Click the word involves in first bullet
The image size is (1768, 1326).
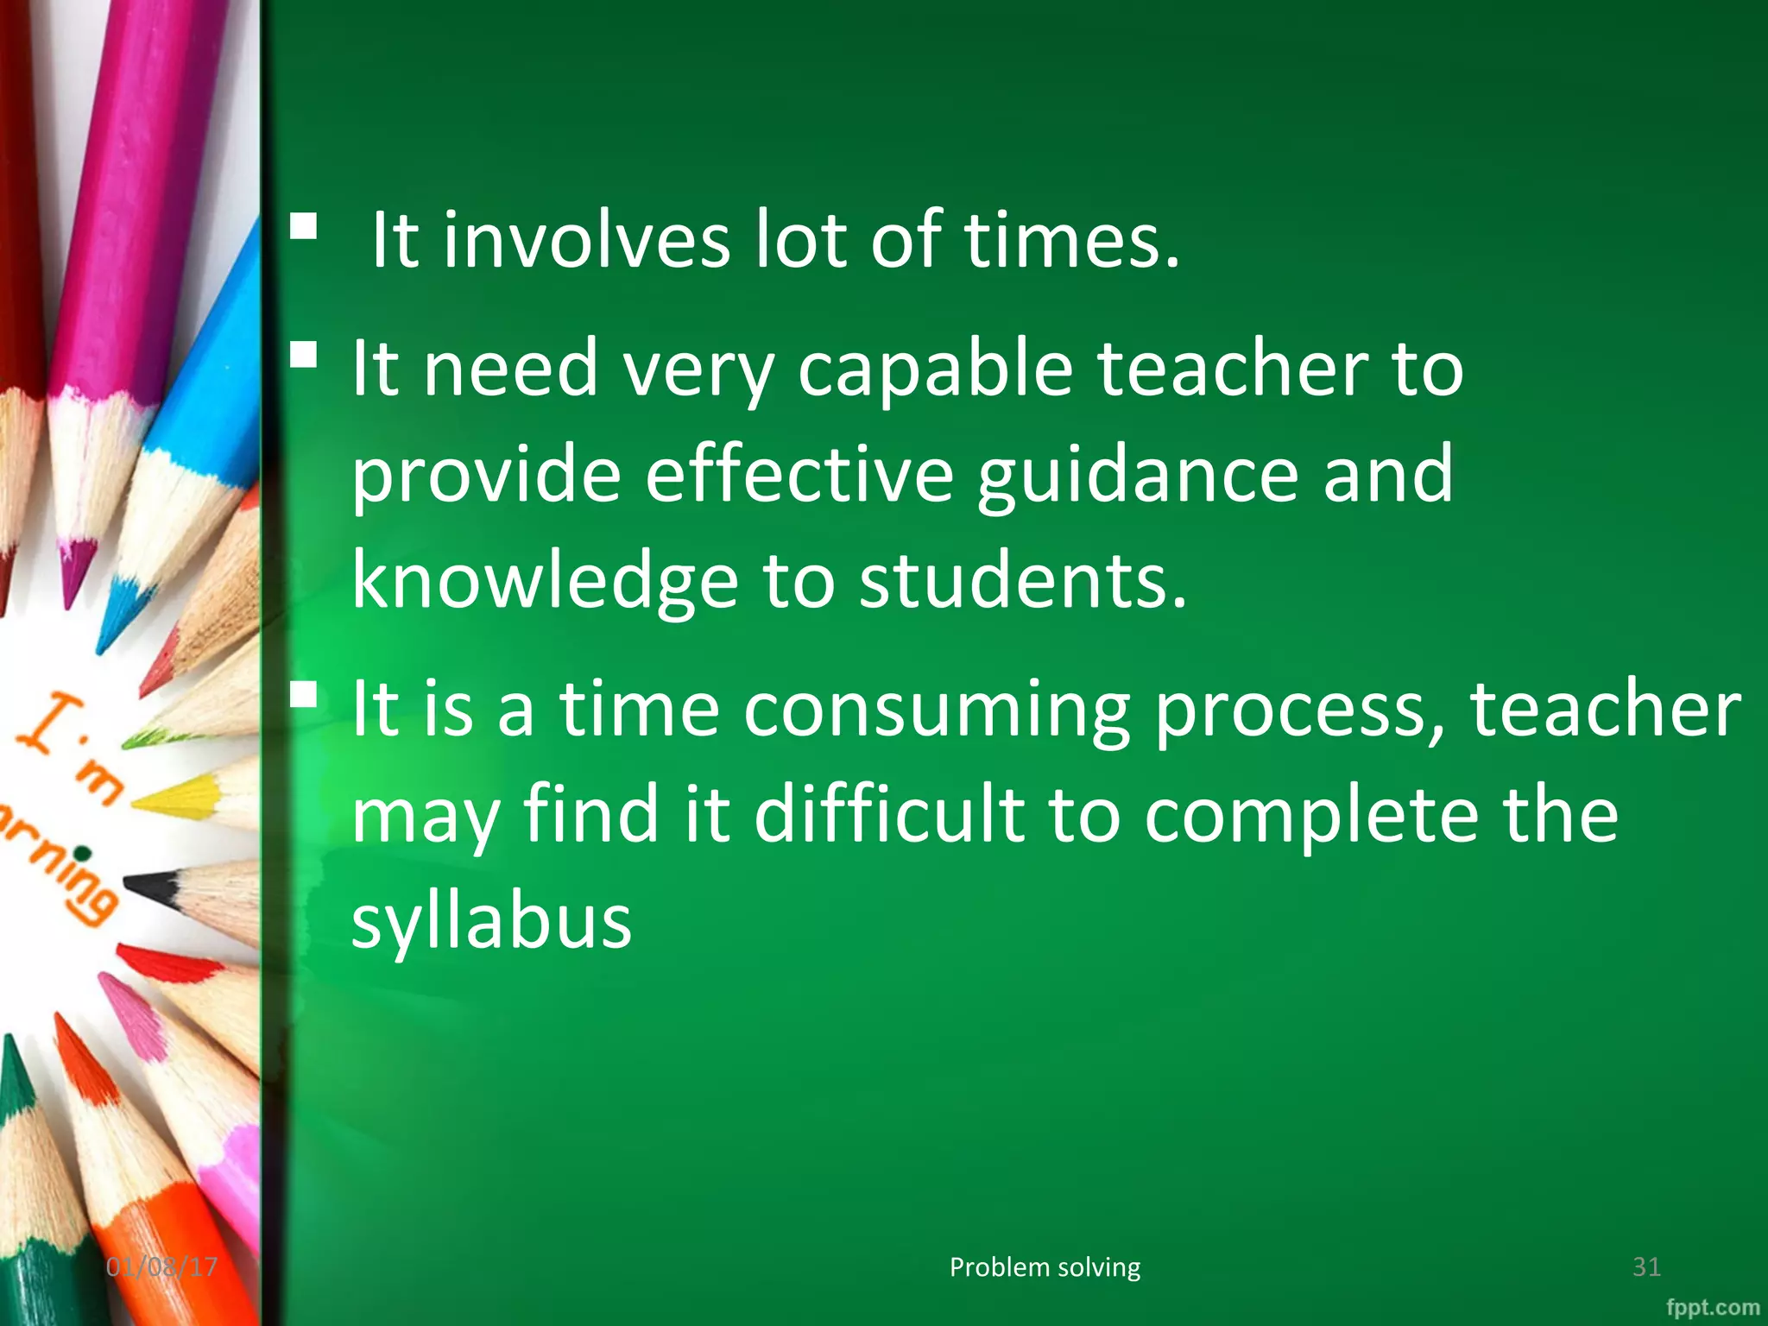point(586,241)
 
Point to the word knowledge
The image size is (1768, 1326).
point(545,583)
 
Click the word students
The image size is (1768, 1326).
point(1022,583)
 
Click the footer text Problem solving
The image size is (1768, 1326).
point(1045,1267)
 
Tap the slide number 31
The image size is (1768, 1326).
point(1646,1267)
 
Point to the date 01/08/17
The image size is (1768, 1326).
point(161,1267)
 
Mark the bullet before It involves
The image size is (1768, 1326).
point(303,227)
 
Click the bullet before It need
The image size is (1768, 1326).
point(303,355)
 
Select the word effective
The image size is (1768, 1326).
point(799,476)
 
